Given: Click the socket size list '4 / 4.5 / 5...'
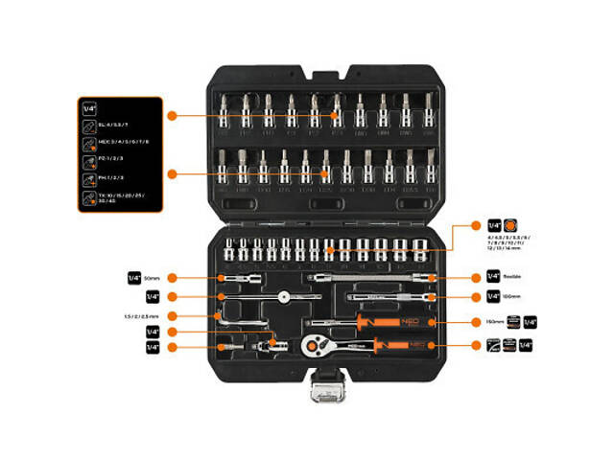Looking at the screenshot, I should (x=510, y=246).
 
